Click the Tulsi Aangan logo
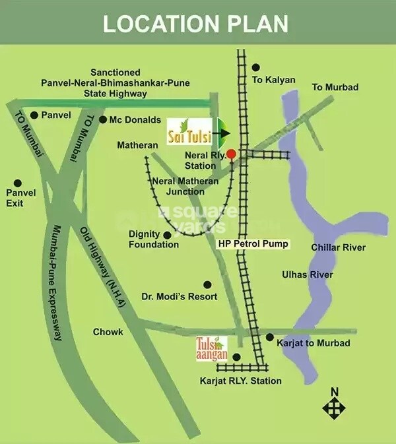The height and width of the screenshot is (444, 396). click(x=211, y=348)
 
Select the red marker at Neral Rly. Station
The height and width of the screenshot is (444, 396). click(x=231, y=154)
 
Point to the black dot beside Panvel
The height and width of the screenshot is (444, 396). click(x=34, y=115)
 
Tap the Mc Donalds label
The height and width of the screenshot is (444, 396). click(x=135, y=120)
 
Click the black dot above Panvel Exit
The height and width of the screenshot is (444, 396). click(x=17, y=183)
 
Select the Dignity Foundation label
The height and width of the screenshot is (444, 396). click(x=154, y=239)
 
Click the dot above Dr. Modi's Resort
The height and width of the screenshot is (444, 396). click(x=207, y=285)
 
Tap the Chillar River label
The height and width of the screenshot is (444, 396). click(x=338, y=247)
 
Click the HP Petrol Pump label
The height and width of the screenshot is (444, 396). click(x=253, y=244)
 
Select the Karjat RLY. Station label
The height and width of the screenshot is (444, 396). click(x=240, y=381)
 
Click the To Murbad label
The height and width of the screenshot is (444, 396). click(x=335, y=87)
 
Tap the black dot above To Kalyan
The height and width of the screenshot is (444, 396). click(x=256, y=67)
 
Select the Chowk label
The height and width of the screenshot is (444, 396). click(x=108, y=332)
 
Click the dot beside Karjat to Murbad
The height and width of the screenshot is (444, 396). click(x=269, y=337)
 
